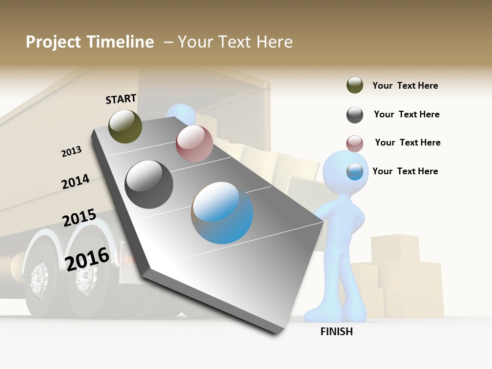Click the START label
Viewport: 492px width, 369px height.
click(121, 99)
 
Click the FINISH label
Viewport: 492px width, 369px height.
click(337, 332)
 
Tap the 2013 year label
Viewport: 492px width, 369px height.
click(71, 152)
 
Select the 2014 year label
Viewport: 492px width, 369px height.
click(75, 181)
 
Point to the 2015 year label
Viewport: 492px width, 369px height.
click(79, 218)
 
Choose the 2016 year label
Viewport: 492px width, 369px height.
click(87, 259)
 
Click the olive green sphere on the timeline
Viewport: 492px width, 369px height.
click(126, 126)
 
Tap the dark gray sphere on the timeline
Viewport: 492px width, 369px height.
click(149, 184)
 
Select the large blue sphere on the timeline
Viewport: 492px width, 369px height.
click(222, 213)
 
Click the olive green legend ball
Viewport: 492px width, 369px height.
click(355, 86)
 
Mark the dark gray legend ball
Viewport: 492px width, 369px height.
click(355, 115)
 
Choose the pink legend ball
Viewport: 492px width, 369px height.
click(355, 143)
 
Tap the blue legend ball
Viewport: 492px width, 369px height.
click(355, 172)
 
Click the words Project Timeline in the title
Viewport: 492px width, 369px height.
click(90, 42)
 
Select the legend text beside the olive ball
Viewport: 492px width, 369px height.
click(405, 86)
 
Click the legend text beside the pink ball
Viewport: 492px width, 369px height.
click(407, 142)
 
